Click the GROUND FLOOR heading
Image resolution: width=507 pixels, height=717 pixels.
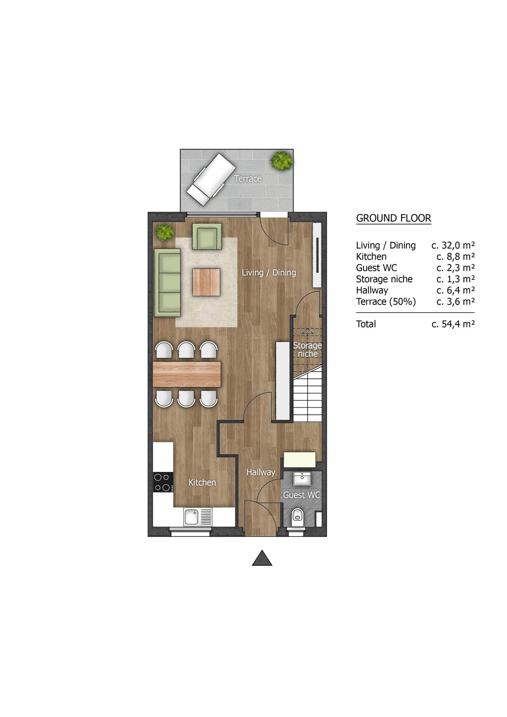394,218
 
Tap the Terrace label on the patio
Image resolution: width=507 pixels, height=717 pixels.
248,179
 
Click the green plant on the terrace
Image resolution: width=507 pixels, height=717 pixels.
282,160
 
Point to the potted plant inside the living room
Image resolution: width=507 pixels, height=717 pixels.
165,232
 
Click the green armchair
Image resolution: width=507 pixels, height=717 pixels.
207,236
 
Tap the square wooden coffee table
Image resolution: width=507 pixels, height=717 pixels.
206,282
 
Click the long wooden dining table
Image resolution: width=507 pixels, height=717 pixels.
187,374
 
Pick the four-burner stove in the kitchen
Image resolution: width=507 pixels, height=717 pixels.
163,483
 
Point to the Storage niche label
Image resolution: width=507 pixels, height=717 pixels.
307,350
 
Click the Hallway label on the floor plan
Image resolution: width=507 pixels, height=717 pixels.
261,472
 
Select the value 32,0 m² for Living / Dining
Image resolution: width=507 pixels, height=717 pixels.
453,245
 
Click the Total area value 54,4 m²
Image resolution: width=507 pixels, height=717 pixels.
453,324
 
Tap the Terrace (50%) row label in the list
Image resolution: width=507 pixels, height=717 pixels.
386,302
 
